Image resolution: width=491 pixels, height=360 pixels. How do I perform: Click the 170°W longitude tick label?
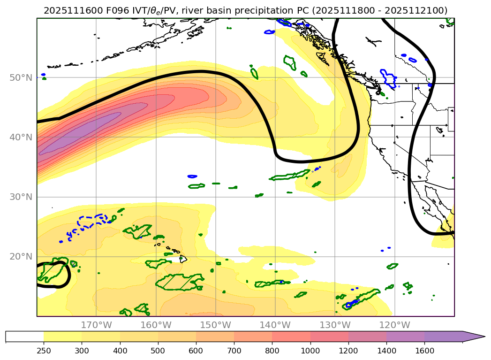pos(96,325)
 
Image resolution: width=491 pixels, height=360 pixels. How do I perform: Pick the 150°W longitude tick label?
pos(215,325)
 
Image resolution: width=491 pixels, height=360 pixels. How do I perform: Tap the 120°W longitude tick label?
pos(394,325)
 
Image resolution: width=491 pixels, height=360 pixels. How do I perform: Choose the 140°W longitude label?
pos(275,325)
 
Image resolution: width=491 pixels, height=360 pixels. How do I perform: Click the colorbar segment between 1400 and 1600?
pos(405,337)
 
